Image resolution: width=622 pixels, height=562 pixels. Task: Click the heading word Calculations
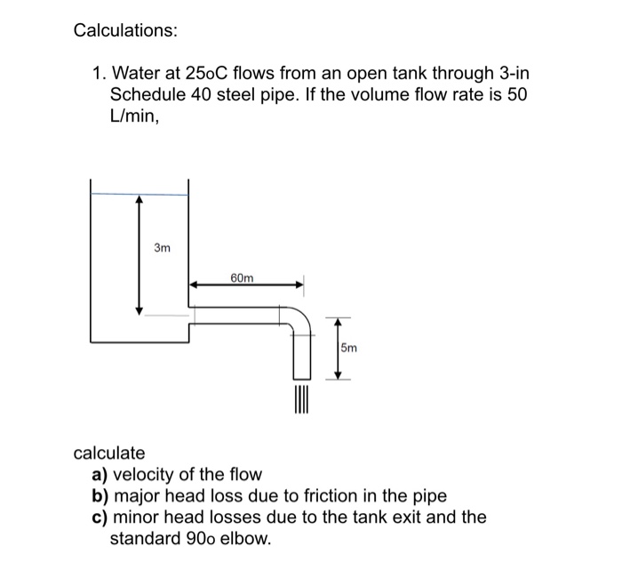coord(124,31)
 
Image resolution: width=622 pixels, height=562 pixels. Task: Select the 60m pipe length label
coord(242,278)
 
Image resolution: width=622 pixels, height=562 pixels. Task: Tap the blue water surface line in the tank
coord(139,194)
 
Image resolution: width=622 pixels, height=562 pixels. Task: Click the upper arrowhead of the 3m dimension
coord(138,202)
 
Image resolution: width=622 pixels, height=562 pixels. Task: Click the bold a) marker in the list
coord(100,475)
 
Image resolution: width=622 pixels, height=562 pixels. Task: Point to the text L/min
coord(134,116)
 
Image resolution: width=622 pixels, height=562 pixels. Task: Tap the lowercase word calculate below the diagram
coord(108,454)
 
